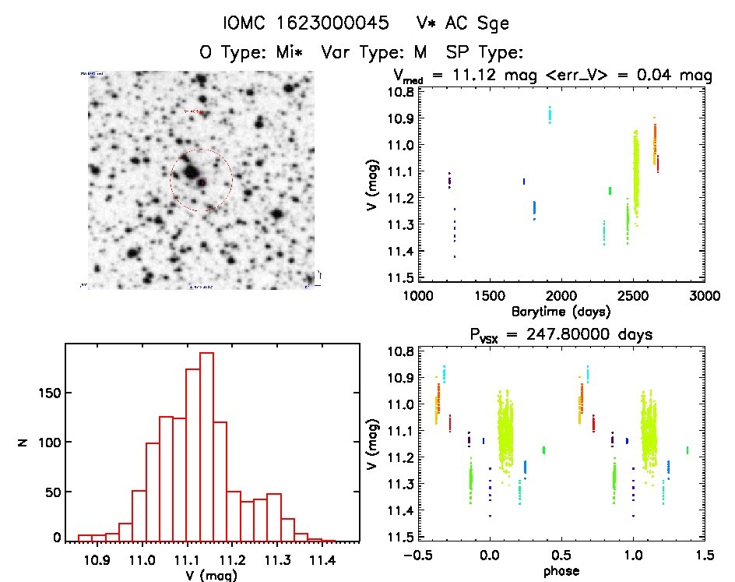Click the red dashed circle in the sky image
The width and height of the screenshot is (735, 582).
pyautogui.click(x=201, y=180)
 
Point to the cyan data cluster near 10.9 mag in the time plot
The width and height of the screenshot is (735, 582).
pyautogui.click(x=550, y=115)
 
